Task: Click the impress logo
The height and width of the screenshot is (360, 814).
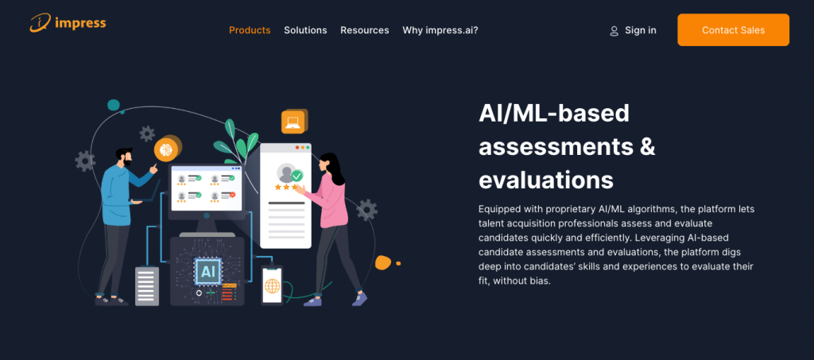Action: coord(68,23)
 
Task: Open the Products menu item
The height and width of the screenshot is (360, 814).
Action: coord(250,30)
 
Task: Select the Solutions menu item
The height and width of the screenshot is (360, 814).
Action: coord(305,30)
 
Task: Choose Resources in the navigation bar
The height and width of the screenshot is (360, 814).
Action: coord(364,30)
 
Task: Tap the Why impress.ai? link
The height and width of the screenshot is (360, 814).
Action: coord(440,30)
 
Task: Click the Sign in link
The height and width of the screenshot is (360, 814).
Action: coord(641,30)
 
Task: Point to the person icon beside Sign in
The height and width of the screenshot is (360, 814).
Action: coord(614,31)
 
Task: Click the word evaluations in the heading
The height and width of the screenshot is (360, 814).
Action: coord(546,180)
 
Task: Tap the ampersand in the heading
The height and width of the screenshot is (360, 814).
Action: coord(646,147)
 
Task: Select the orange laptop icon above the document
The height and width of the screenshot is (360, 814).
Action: coord(293,122)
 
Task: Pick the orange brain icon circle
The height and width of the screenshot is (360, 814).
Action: coord(166,149)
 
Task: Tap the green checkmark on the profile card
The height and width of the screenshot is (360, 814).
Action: coord(297,176)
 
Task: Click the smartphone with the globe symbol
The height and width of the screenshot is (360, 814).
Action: coord(272,285)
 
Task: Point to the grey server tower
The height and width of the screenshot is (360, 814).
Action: coord(147,286)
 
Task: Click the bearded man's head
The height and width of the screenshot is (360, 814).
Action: coord(124,157)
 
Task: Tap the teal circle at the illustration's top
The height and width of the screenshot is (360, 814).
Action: coord(114,106)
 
